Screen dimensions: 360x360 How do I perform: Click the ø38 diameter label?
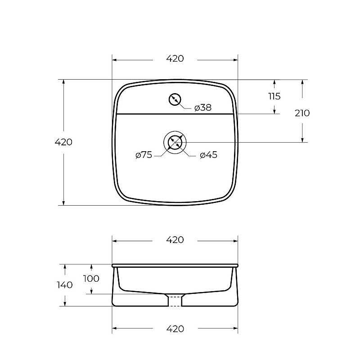tap(203, 108)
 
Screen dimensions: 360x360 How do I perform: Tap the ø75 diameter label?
tap(144, 155)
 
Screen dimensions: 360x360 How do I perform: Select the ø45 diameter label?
tap(208, 155)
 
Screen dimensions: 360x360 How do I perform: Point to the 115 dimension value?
tap(274, 96)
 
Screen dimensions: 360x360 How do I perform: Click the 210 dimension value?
tap(302, 113)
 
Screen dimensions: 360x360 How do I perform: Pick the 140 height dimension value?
tap(65, 285)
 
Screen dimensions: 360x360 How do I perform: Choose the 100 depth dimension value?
tap(91, 279)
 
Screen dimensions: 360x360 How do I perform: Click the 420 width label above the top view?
tap(175, 58)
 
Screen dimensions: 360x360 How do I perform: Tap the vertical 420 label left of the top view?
tap(63, 142)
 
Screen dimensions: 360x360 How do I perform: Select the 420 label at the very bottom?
tap(175, 329)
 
